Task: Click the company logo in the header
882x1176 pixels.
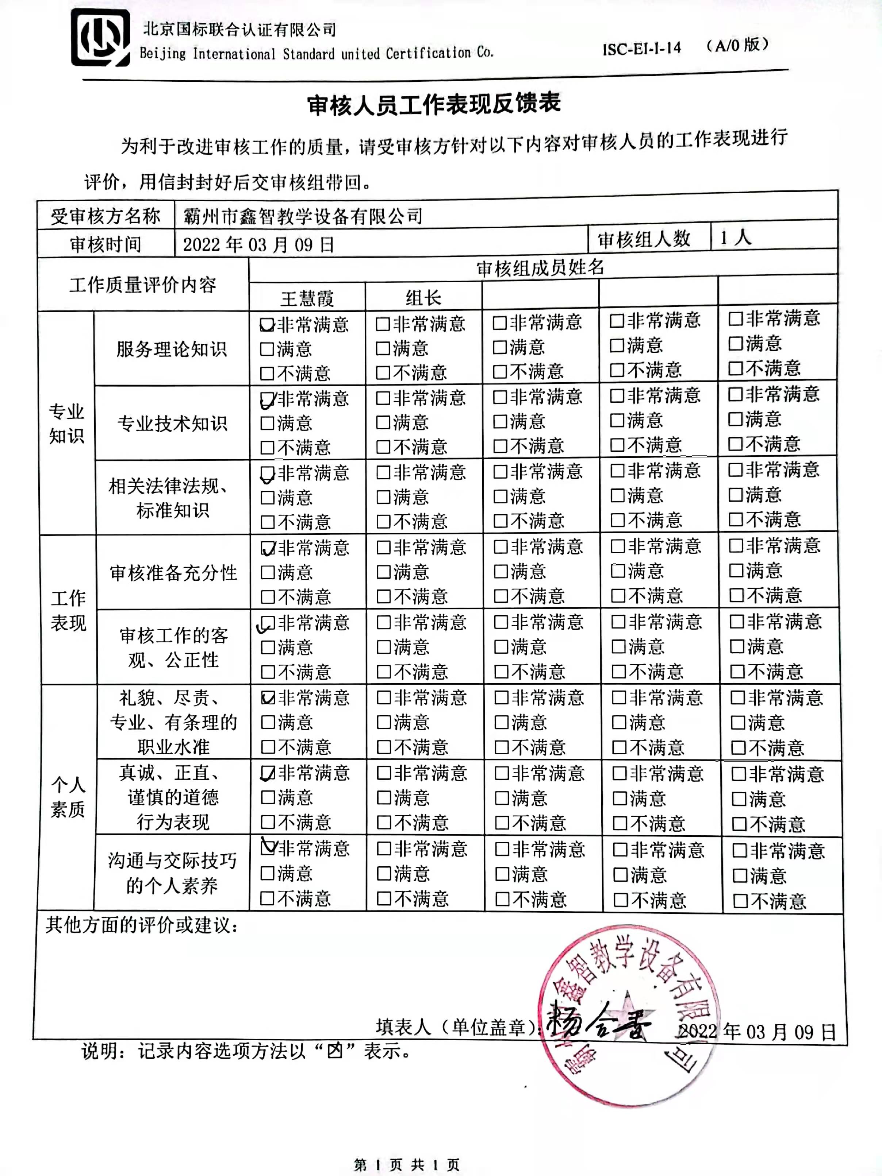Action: [x=100, y=37]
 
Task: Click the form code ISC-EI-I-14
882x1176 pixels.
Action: [x=641, y=49]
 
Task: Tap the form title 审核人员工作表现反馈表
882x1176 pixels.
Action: [x=434, y=105]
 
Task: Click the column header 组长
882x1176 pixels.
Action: [x=423, y=298]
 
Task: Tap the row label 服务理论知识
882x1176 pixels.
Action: [x=171, y=349]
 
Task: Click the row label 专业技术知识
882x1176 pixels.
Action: [x=172, y=423]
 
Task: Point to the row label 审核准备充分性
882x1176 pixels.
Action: [x=173, y=573]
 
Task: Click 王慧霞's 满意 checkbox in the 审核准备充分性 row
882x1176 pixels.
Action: [x=268, y=573]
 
